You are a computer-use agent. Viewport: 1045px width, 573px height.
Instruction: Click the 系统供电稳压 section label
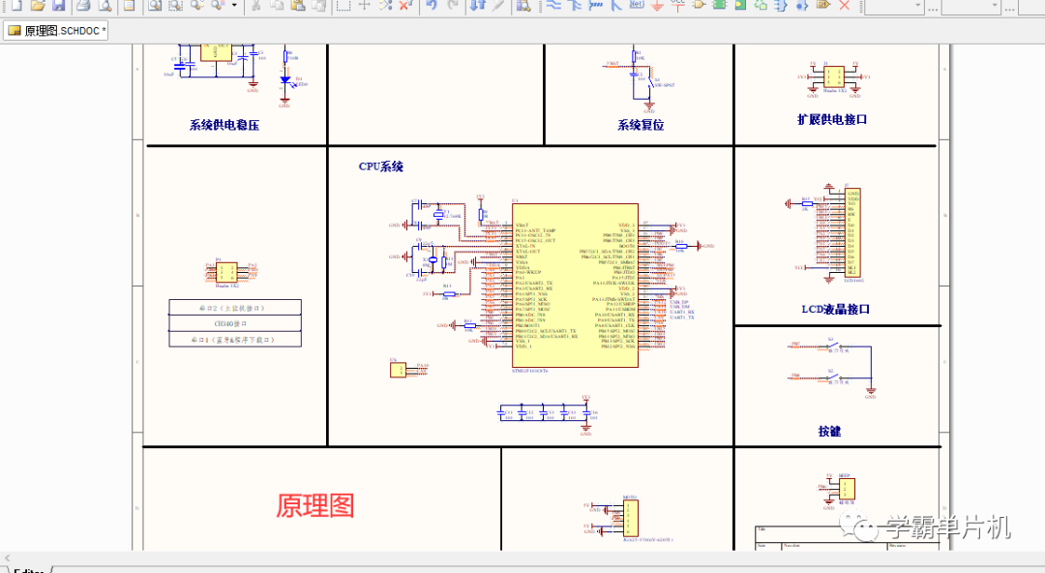click(x=224, y=125)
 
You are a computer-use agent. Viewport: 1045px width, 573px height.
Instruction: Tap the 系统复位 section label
click(x=641, y=125)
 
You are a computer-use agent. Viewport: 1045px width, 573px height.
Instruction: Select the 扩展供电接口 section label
click(x=832, y=119)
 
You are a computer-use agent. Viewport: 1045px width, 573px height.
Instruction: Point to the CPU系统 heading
click(x=381, y=166)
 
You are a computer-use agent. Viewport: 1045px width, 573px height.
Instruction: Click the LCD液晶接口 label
click(x=835, y=310)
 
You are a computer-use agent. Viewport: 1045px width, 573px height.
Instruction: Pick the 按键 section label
click(x=829, y=431)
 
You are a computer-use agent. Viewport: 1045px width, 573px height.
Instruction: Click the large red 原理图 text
click(x=315, y=505)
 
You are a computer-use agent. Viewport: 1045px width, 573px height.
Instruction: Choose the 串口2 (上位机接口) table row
click(x=234, y=308)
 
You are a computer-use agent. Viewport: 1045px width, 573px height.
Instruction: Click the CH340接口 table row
click(x=234, y=324)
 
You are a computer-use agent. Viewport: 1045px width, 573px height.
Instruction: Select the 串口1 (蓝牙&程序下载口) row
click(x=234, y=340)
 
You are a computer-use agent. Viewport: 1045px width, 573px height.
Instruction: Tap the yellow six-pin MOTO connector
click(x=629, y=520)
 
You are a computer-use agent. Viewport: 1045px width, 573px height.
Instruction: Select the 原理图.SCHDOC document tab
click(x=57, y=31)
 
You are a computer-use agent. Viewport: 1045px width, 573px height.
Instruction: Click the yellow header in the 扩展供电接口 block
click(x=834, y=75)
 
